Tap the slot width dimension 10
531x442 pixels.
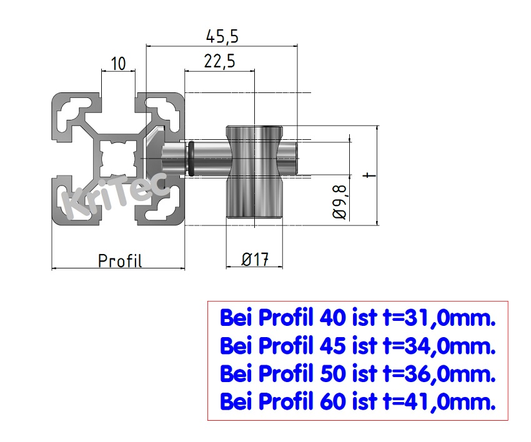[x=118, y=63]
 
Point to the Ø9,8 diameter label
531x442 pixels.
[x=340, y=199]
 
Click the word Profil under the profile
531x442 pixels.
[x=120, y=260]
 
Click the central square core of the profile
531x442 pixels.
[x=118, y=157]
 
